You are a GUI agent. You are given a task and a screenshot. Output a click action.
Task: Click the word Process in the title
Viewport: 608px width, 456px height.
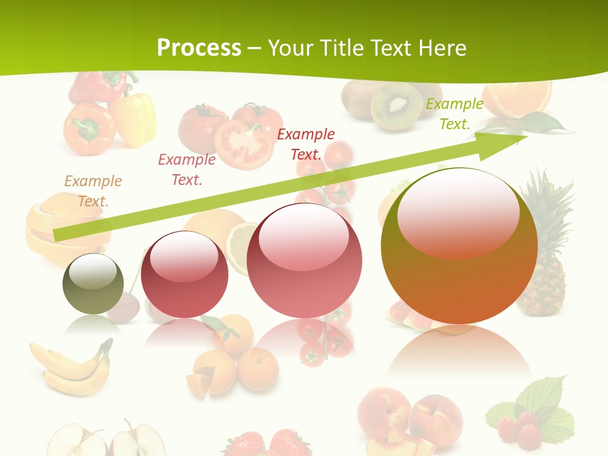199,48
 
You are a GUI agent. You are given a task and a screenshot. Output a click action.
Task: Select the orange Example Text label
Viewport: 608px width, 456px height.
92,191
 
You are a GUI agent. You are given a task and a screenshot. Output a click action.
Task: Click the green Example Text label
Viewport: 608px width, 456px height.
455,114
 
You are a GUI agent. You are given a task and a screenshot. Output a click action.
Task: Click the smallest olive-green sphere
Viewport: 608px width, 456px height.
93,284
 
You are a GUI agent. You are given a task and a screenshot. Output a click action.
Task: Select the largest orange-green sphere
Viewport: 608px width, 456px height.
459,246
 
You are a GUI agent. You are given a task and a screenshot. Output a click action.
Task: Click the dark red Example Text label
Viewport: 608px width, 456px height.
306,144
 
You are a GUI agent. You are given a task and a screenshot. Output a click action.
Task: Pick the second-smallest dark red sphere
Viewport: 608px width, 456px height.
184,274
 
